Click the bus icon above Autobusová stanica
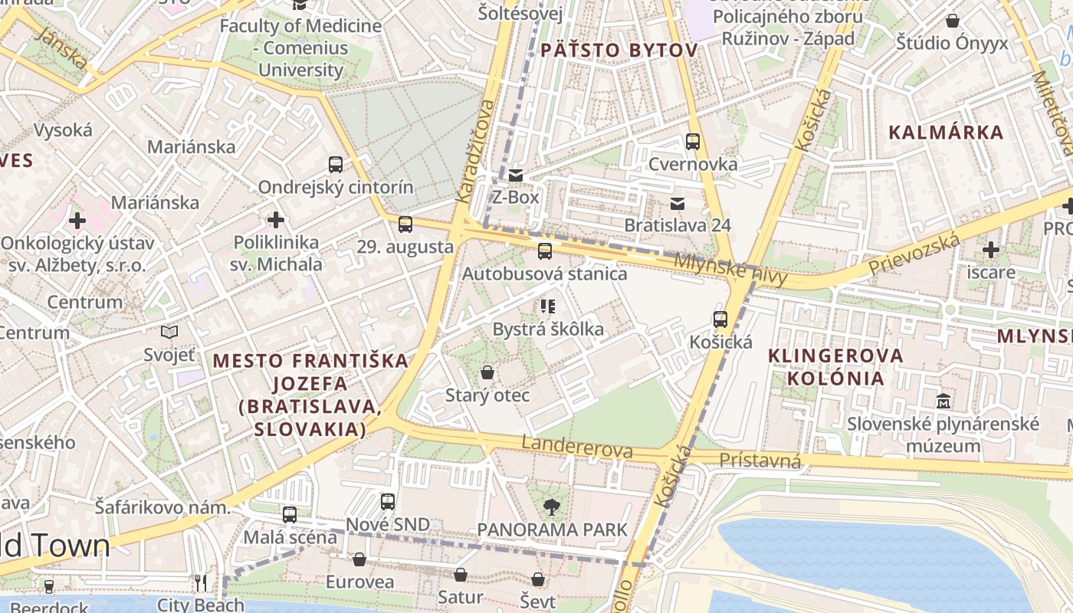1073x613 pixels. (x=545, y=251)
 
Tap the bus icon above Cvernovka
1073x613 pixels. (x=693, y=141)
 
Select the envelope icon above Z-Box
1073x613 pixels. (x=516, y=175)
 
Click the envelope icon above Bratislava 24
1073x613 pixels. (x=678, y=203)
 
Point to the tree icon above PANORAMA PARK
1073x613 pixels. (x=550, y=506)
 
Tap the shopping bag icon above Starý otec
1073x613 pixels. (x=487, y=373)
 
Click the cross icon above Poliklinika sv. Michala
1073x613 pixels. (x=276, y=220)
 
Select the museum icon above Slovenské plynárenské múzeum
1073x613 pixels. (x=943, y=401)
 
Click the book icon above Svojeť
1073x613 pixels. (x=169, y=332)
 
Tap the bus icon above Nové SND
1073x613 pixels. (x=388, y=502)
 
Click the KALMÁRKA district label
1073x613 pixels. (x=946, y=132)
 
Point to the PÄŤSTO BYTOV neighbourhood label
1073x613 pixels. (x=619, y=51)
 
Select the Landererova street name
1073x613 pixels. (x=577, y=447)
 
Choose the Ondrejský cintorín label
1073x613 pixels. (x=335, y=188)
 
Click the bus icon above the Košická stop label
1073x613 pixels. (x=720, y=320)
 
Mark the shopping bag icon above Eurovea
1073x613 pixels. (x=359, y=559)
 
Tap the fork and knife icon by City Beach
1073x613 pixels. (x=201, y=583)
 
